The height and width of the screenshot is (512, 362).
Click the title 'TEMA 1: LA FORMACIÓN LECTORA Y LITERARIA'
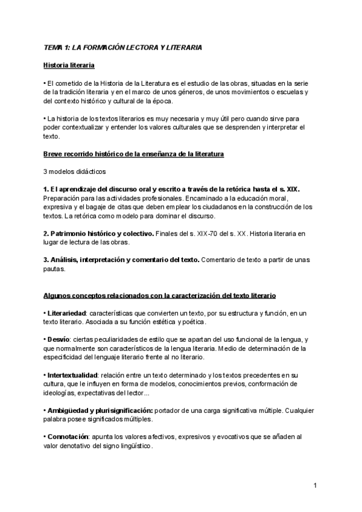123,46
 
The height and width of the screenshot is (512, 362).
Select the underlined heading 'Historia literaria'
69,65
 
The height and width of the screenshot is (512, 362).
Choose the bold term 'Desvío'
59,341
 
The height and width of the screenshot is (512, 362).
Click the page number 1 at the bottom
316,485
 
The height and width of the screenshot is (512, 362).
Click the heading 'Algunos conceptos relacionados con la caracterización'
160,296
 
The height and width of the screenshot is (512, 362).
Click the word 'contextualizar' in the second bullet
89,128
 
